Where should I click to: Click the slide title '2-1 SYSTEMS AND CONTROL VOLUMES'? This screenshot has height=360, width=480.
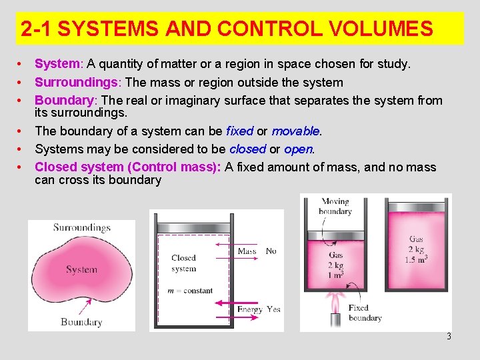227,29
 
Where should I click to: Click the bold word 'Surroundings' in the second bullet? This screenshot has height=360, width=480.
76,83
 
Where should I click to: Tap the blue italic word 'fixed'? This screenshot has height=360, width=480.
240,131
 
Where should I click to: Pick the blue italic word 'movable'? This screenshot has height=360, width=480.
295,131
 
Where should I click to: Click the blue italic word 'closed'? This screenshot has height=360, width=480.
248,149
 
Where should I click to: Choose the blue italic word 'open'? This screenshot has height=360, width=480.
298,149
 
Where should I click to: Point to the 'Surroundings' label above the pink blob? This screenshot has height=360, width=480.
82,228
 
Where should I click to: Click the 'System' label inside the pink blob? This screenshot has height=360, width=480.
81,270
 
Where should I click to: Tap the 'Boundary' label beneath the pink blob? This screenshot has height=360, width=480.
81,322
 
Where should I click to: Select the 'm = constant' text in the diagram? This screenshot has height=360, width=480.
191,291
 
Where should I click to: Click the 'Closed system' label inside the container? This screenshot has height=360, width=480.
183,263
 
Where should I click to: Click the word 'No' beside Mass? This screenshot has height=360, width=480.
271,251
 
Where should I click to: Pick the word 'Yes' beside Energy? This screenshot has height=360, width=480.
273,309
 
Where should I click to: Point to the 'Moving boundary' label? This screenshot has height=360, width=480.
335,206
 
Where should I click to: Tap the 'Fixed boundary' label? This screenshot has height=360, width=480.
365,313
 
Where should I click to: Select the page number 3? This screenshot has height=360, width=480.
449,337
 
